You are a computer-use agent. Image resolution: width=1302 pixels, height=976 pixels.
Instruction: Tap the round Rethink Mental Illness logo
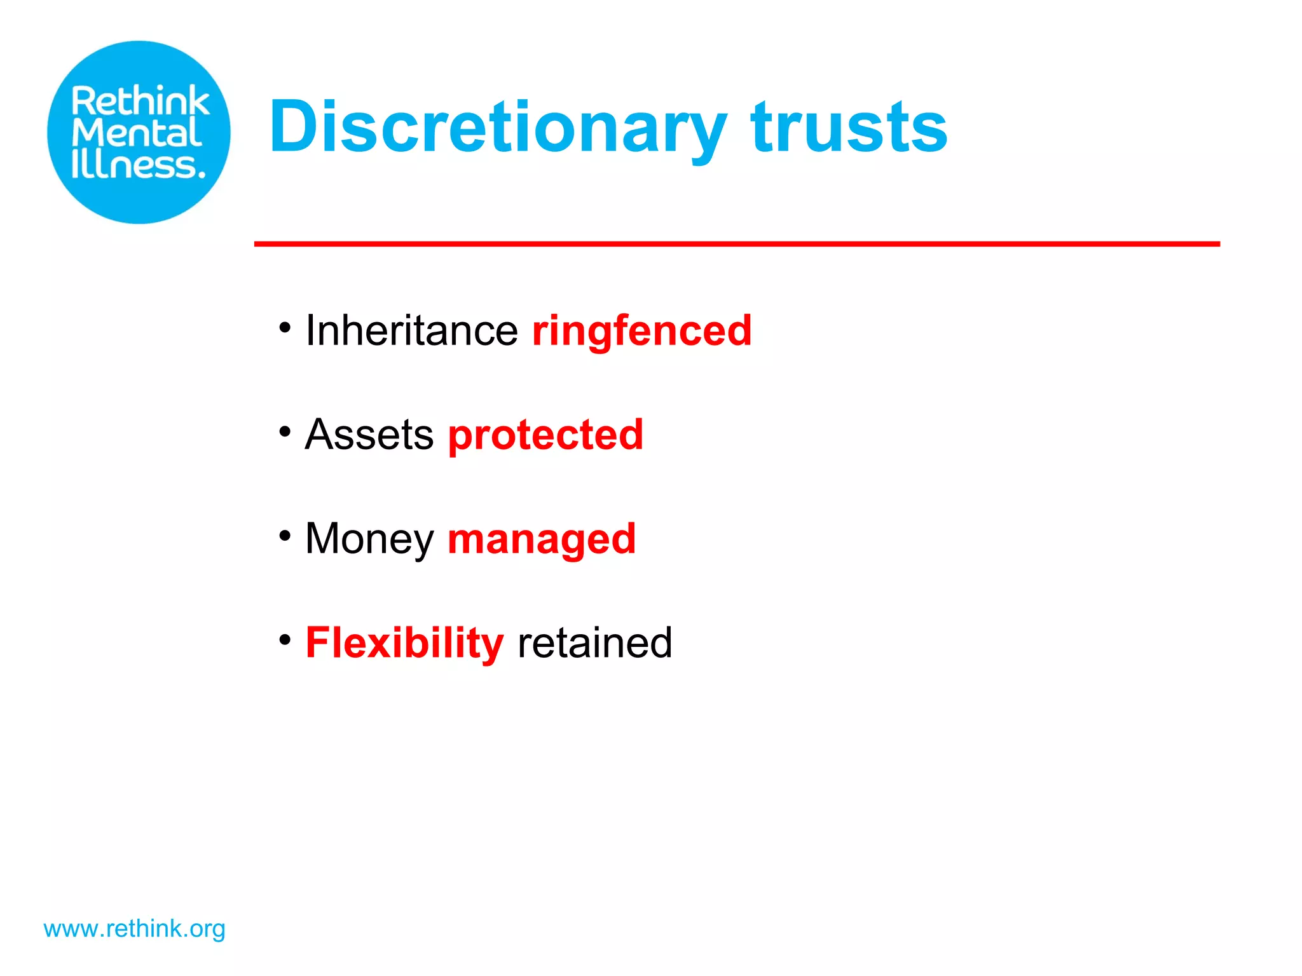[x=139, y=132]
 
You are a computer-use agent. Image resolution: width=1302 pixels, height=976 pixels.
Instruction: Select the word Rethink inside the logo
[x=140, y=102]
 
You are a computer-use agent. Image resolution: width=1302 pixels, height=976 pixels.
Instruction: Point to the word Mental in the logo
[x=137, y=133]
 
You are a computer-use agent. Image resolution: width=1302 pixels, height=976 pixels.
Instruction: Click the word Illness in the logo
[x=139, y=165]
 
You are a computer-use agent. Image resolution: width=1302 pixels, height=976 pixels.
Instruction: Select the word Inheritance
[x=412, y=330]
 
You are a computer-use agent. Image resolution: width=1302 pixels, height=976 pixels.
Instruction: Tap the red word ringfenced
[x=642, y=330]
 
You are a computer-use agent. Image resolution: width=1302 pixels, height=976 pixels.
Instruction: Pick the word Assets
[x=369, y=435]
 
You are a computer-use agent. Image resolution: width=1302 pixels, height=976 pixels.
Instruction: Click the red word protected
[x=545, y=436]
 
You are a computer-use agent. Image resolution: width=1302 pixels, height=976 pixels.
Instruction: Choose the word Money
[x=369, y=539]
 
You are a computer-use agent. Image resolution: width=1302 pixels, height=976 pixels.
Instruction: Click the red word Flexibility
[x=404, y=643]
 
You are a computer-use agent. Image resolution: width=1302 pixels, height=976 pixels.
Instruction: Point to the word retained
[x=595, y=643]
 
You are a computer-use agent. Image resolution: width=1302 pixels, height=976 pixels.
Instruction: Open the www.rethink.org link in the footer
[x=134, y=929]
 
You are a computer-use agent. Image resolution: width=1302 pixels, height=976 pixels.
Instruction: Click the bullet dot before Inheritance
[x=285, y=328]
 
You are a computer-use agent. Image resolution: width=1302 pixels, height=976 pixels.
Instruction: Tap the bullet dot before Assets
[x=285, y=432]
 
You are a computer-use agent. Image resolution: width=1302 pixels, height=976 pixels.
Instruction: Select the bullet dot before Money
[x=285, y=536]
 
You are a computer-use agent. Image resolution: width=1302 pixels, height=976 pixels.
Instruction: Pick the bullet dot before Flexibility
[x=285, y=640]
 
